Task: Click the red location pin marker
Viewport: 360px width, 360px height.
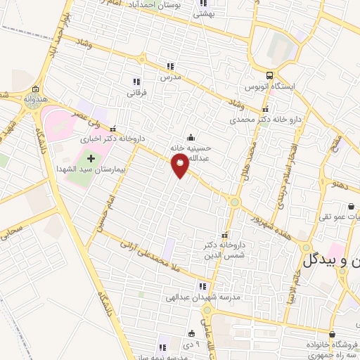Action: (180, 165)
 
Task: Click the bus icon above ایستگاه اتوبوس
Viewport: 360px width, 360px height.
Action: (270, 75)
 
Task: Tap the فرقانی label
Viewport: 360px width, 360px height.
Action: (136, 92)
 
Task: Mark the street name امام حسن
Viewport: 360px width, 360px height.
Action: (96, 211)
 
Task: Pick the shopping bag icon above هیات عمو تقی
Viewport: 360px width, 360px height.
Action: (351, 206)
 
